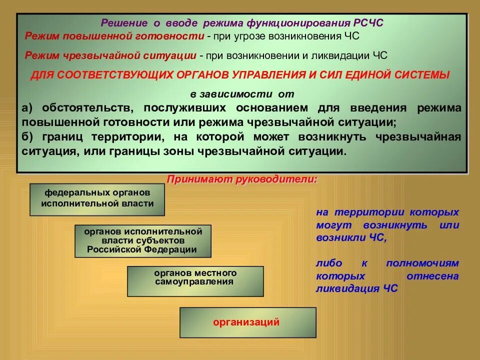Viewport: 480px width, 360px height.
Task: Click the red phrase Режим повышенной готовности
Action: tap(114, 36)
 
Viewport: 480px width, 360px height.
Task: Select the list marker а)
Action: tap(27, 108)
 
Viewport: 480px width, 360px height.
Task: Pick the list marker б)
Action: tap(27, 136)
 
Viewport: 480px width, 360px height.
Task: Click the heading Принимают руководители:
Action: tap(242, 179)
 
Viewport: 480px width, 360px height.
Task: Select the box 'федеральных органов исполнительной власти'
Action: tap(97, 199)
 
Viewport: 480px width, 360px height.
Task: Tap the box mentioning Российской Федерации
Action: tap(143, 240)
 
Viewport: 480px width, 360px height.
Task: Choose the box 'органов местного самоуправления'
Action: tap(195, 281)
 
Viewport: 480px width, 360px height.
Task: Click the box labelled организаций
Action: tap(247, 322)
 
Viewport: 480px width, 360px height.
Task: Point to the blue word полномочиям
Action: tap(422, 263)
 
